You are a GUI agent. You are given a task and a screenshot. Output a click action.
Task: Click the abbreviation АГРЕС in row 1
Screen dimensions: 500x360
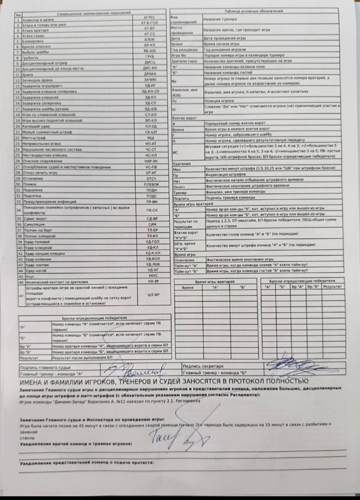(149, 17)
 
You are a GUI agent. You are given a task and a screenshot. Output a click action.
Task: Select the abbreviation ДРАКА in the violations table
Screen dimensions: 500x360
(150, 74)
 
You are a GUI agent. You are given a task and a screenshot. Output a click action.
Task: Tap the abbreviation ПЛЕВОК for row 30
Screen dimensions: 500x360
(151, 184)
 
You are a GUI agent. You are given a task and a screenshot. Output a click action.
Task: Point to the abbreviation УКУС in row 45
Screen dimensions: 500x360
(153, 276)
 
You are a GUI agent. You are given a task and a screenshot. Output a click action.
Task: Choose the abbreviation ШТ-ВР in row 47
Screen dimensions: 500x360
(153, 295)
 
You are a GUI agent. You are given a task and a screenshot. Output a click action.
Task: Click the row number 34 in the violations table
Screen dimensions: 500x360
(19, 210)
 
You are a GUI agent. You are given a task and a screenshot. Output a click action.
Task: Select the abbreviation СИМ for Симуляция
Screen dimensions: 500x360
(152, 224)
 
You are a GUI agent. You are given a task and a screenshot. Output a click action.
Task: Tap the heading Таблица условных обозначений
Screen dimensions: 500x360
(254, 11)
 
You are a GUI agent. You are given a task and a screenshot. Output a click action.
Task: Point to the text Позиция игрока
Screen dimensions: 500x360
(219, 101)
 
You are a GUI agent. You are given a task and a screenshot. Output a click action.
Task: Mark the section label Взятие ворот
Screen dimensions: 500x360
(185, 118)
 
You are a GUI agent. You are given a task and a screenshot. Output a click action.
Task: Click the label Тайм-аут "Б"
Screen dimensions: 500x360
(186, 271)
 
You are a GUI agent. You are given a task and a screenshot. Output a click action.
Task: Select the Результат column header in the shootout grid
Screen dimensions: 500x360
(332, 287)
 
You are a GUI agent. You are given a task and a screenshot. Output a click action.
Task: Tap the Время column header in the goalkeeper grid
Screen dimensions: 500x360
(188, 287)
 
